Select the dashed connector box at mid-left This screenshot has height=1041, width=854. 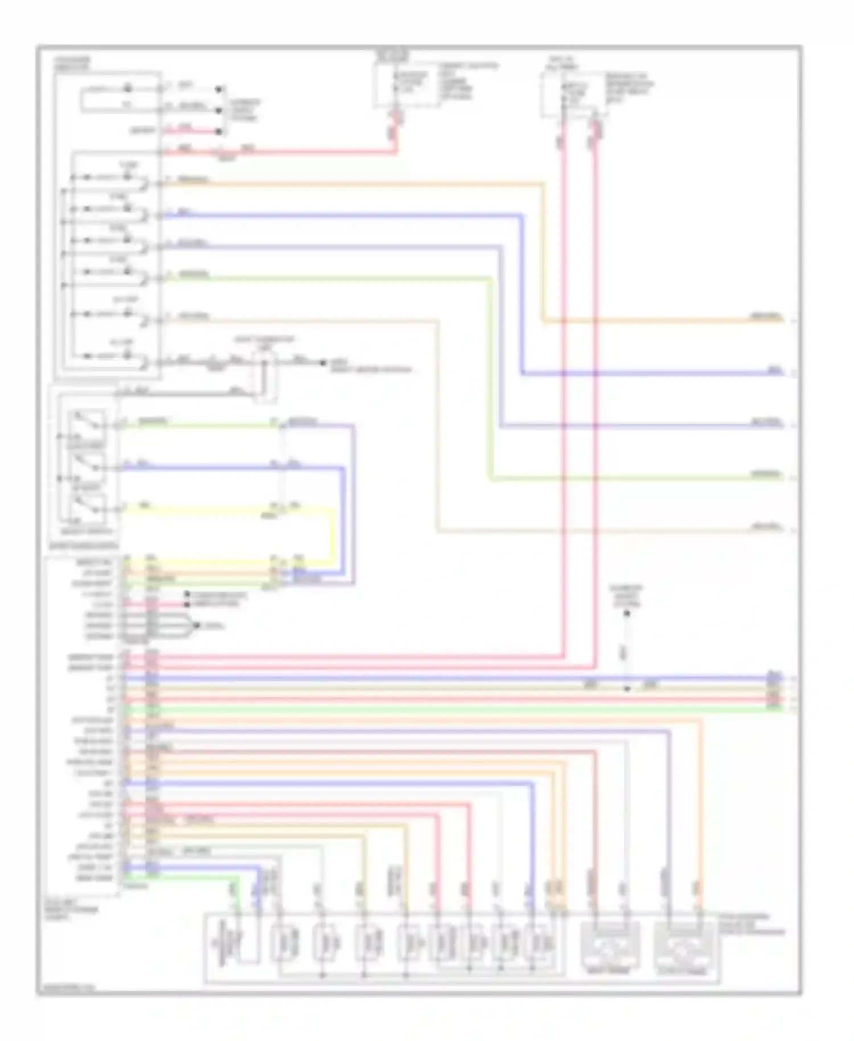pos(265,376)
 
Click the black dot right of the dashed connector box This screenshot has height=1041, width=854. pos(323,363)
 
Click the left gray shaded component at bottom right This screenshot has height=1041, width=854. pos(609,947)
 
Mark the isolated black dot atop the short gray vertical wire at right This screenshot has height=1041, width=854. pos(626,613)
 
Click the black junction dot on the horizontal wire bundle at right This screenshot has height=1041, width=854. pos(626,689)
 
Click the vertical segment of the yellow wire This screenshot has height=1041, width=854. pos(332,535)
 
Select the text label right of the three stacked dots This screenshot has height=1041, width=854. pos(244,110)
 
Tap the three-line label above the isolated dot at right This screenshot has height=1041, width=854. pos(626,595)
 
